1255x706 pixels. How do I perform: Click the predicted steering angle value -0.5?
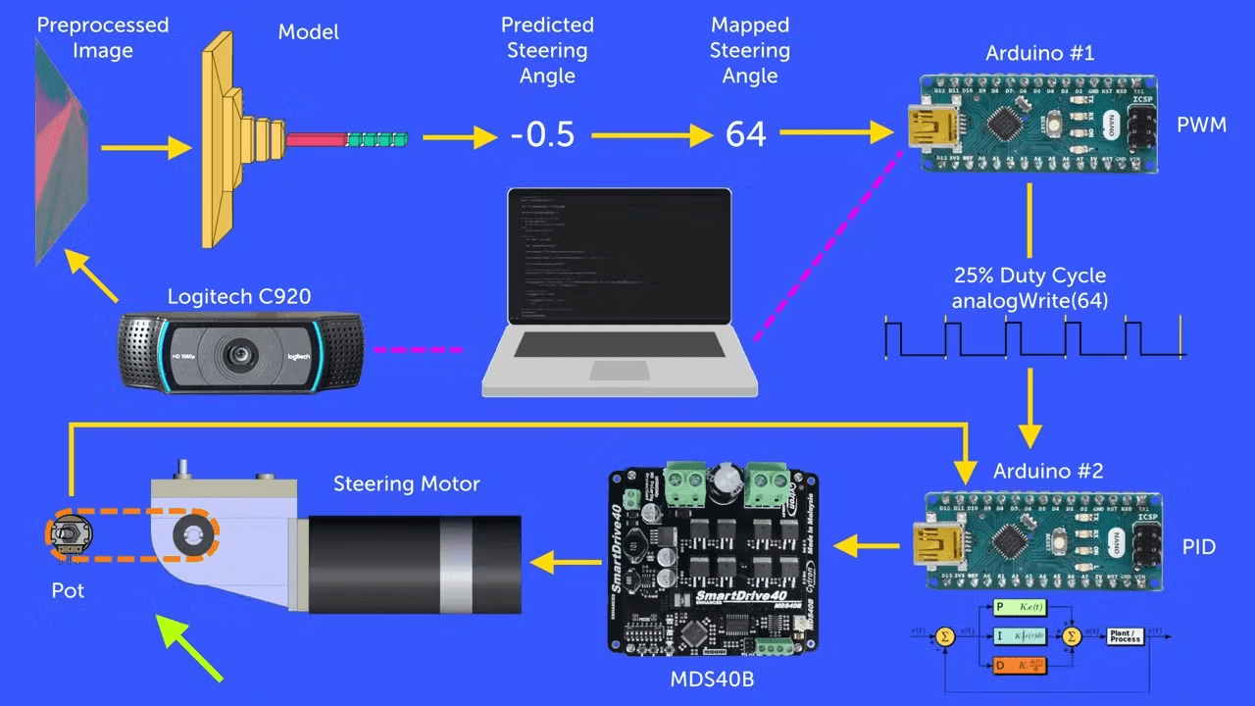pyautogui.click(x=542, y=134)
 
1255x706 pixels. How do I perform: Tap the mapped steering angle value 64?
pyautogui.click(x=745, y=134)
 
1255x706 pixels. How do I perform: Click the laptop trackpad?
pyautogui.click(x=619, y=370)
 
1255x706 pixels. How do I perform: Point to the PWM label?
pyautogui.click(x=1201, y=126)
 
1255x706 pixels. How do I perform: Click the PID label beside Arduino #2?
pyautogui.click(x=1200, y=547)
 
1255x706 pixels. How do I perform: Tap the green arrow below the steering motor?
pyautogui.click(x=192, y=646)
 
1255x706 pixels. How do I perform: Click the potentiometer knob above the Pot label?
pyautogui.click(x=65, y=534)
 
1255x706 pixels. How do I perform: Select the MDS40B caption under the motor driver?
pyautogui.click(x=712, y=679)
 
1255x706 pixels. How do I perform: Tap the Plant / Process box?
pyautogui.click(x=1125, y=636)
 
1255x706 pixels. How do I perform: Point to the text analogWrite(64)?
pyautogui.click(x=1029, y=301)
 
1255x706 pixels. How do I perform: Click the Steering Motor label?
pyautogui.click(x=406, y=484)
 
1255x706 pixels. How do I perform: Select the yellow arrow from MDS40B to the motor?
pyautogui.click(x=567, y=562)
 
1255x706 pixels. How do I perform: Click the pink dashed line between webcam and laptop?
pyautogui.click(x=419, y=348)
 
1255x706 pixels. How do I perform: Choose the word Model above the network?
pyautogui.click(x=308, y=32)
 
